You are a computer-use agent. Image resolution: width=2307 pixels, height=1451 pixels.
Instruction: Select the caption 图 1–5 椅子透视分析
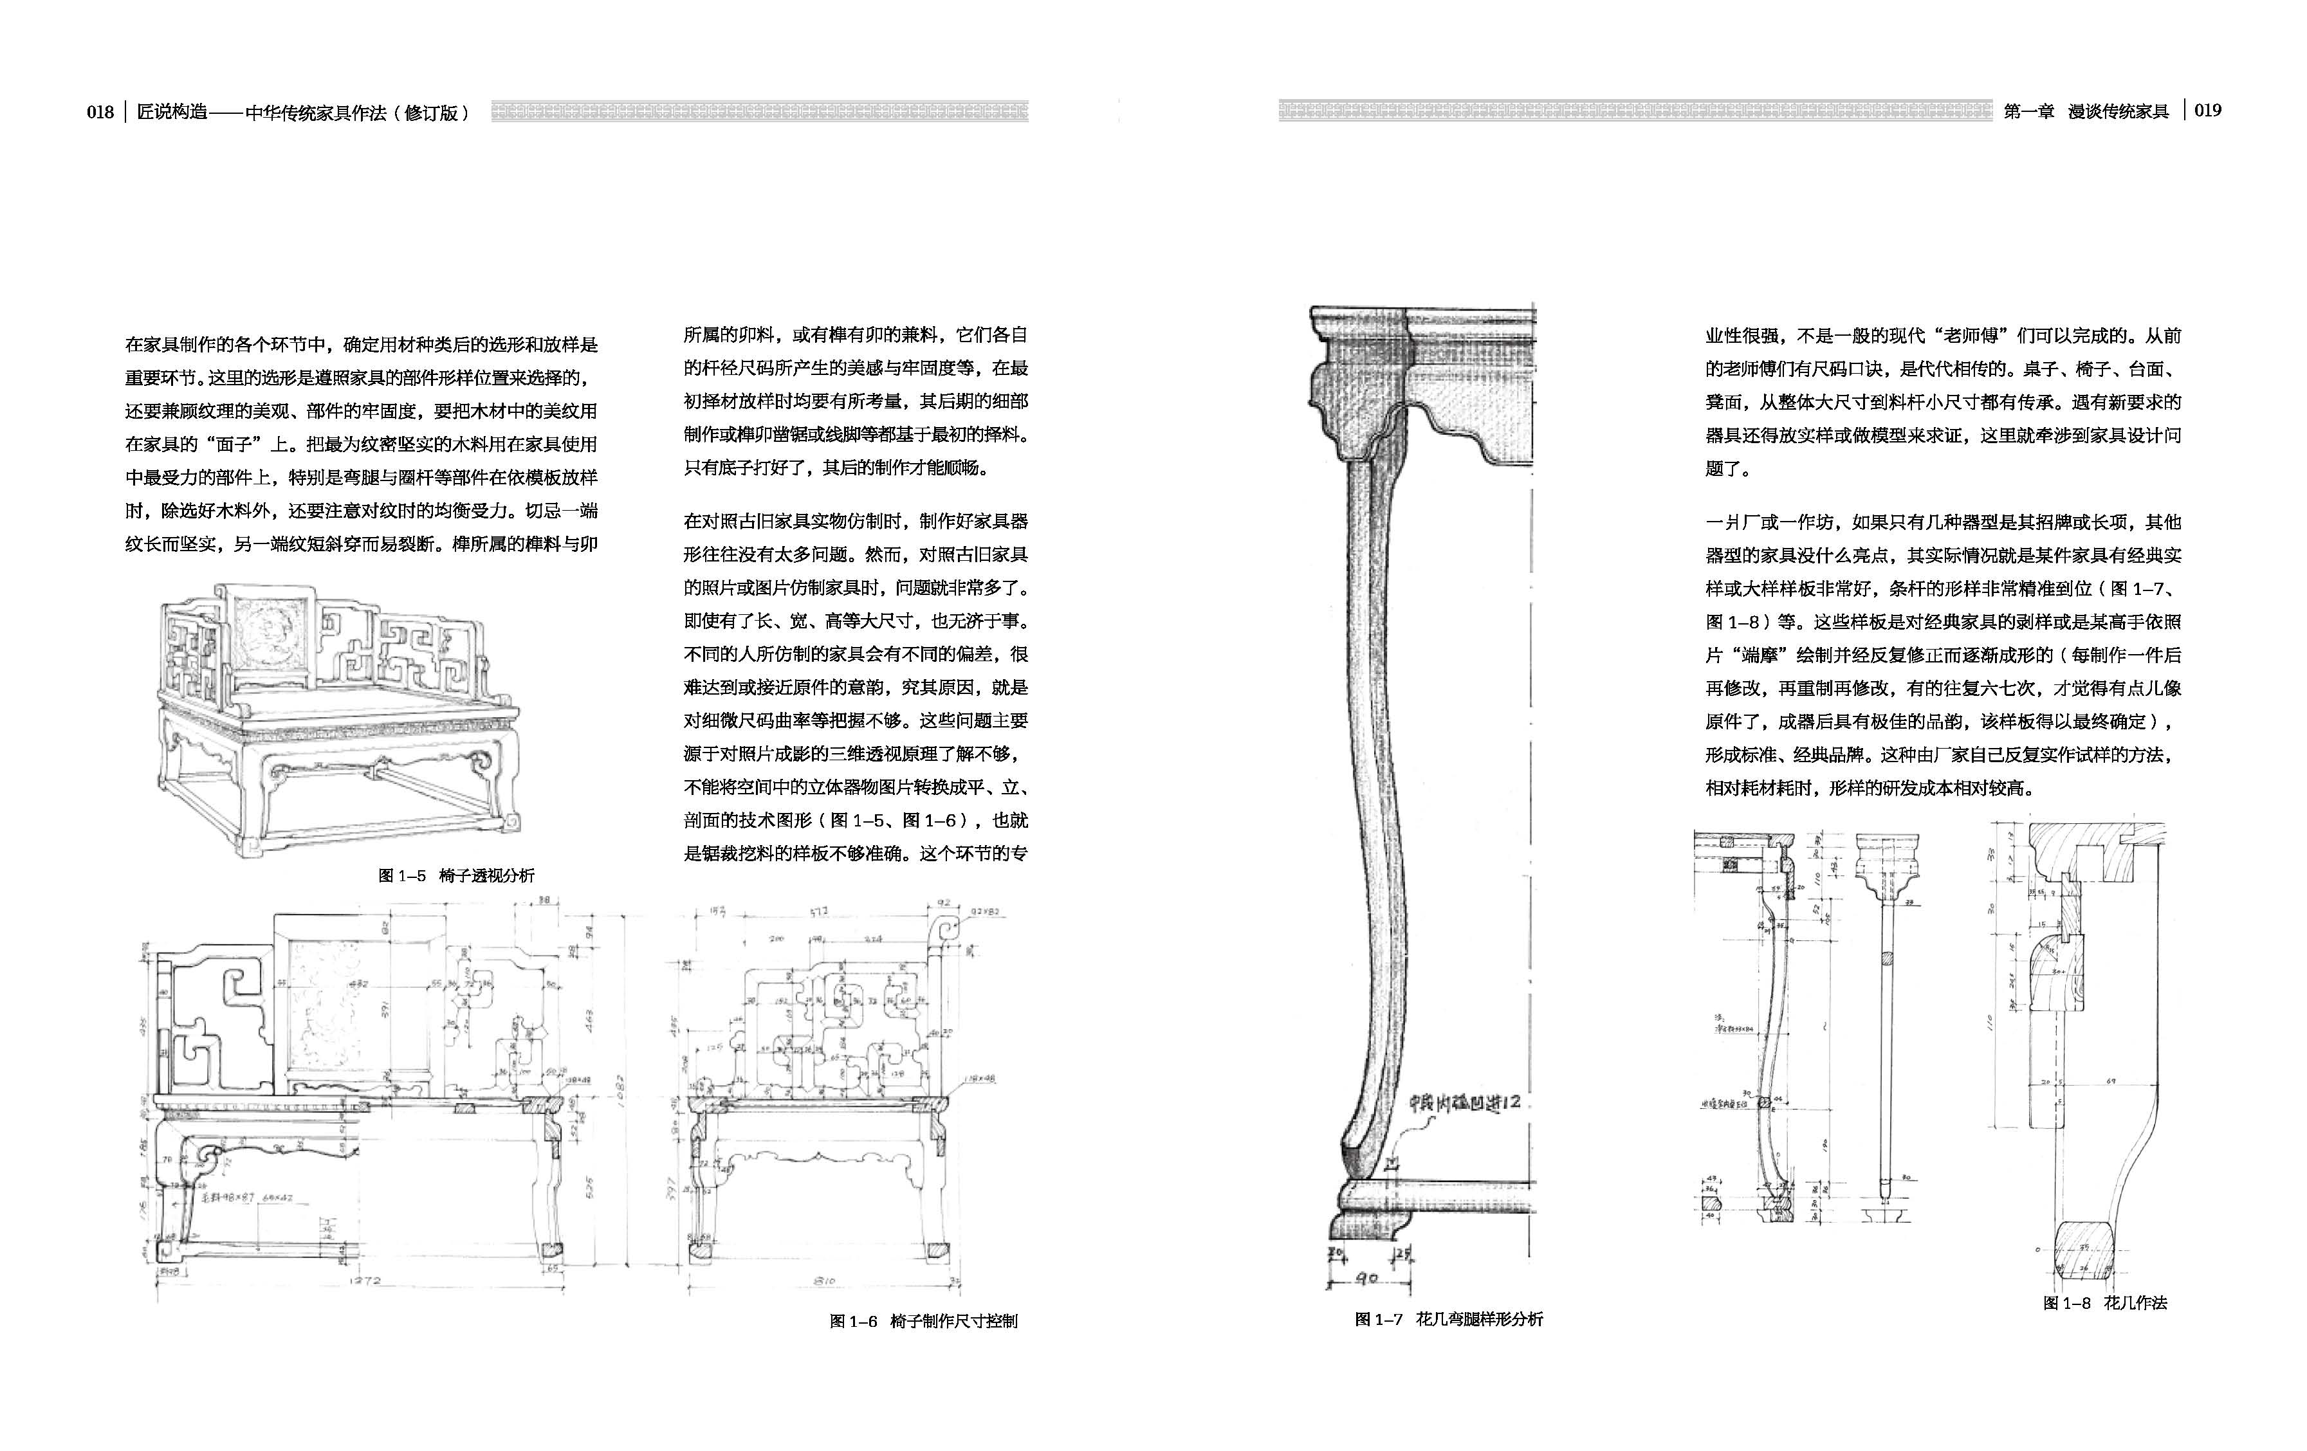[456, 875]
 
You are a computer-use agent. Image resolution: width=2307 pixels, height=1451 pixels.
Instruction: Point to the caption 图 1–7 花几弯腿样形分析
[1449, 1319]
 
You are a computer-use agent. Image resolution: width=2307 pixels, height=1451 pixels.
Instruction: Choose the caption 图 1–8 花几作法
[2105, 1302]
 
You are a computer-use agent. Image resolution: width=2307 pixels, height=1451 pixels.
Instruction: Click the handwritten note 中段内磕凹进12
[1463, 1102]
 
